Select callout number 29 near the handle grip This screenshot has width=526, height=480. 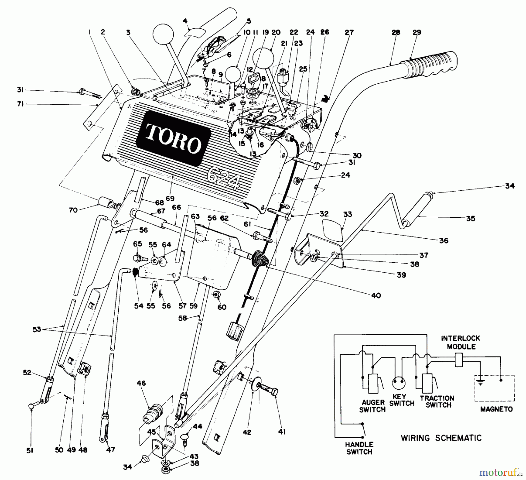click(416, 32)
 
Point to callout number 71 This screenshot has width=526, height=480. click(20, 104)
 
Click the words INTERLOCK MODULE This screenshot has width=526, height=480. click(460, 342)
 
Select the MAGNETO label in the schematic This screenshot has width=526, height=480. click(496, 409)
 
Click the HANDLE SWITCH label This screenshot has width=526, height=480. click(359, 448)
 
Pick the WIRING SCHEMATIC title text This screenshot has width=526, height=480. click(441, 438)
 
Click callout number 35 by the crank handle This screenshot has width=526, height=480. click(470, 219)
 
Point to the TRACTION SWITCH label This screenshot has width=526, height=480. click(437, 402)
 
